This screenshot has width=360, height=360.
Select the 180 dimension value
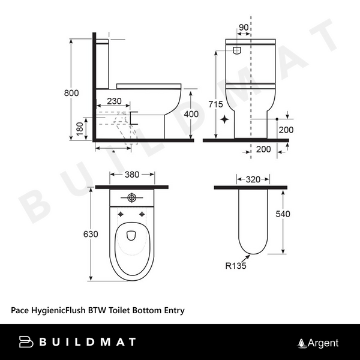(x=80, y=128)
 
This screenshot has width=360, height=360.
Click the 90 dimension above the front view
(x=242, y=28)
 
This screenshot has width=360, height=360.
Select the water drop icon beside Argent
(x=302, y=343)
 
